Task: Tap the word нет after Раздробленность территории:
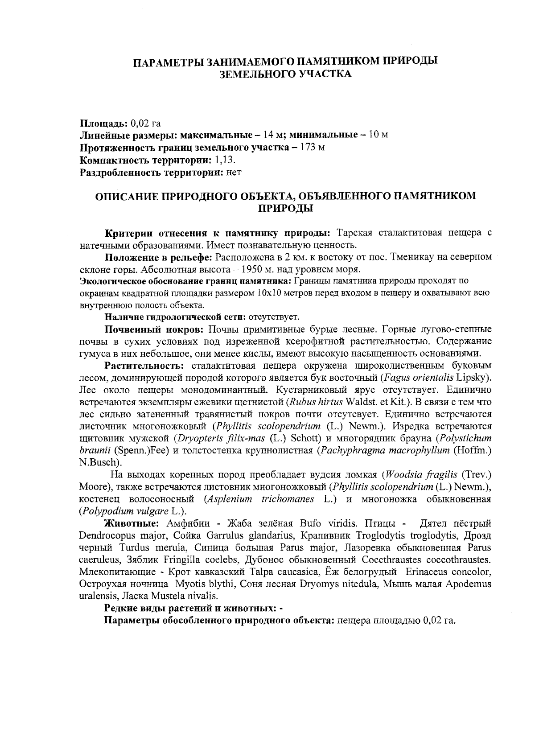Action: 234,172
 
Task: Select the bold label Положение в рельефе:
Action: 159,257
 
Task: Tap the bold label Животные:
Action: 128,523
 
